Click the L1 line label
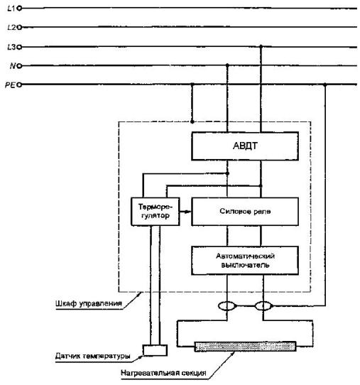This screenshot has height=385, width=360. (11, 9)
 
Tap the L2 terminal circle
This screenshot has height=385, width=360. (19, 27)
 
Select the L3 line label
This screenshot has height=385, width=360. (11, 47)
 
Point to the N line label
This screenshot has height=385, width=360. (13, 66)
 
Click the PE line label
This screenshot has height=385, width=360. (11, 85)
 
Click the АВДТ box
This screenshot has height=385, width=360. (245, 146)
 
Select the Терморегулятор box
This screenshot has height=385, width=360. (155, 212)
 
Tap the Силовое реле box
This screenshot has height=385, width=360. (245, 212)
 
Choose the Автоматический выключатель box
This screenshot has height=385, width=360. (245, 261)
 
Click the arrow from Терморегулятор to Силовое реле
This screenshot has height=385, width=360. (185, 212)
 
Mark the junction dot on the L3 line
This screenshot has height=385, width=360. (261, 46)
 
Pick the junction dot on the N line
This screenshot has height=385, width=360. (227, 65)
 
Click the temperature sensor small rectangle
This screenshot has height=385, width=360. (155, 350)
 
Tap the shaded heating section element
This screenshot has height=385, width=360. (245, 347)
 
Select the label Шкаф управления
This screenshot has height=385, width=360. (89, 303)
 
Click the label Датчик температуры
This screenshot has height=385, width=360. (92, 356)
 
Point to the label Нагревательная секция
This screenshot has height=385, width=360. (163, 373)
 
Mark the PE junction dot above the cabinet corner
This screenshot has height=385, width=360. (192, 85)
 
